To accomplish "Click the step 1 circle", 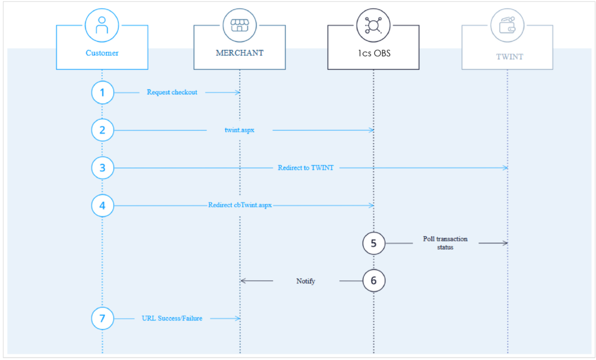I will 102,92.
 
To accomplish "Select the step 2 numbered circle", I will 102,130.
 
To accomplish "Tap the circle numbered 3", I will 102,168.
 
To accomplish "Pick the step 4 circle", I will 102,205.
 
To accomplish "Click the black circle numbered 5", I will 374,243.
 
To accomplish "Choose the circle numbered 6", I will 374,281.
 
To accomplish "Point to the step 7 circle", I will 102,318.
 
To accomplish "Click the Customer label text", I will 102,53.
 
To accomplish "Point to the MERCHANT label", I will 239,53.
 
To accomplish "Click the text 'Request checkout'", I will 172,92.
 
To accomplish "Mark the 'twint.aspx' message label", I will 239,130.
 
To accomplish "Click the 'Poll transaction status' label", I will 445,243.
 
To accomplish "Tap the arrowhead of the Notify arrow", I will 243,281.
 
